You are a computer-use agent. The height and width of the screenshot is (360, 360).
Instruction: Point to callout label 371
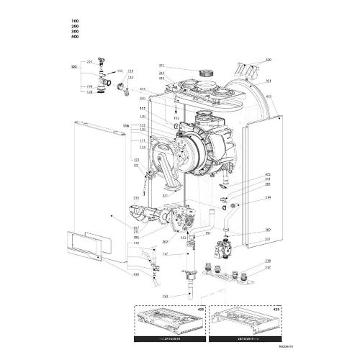point(163,66)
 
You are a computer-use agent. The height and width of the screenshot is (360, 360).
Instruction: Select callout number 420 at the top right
point(268,60)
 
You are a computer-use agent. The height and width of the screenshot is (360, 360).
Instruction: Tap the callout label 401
point(268,80)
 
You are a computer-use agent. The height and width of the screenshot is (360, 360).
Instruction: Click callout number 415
point(268,96)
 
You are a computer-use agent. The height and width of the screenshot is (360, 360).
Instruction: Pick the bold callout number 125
point(73,66)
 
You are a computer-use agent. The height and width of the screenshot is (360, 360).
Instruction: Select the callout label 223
point(90,62)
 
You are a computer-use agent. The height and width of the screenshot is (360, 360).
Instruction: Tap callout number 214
point(268,197)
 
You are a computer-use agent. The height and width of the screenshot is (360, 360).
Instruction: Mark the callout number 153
point(164,295)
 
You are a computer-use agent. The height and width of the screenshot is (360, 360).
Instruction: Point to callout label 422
point(268,174)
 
